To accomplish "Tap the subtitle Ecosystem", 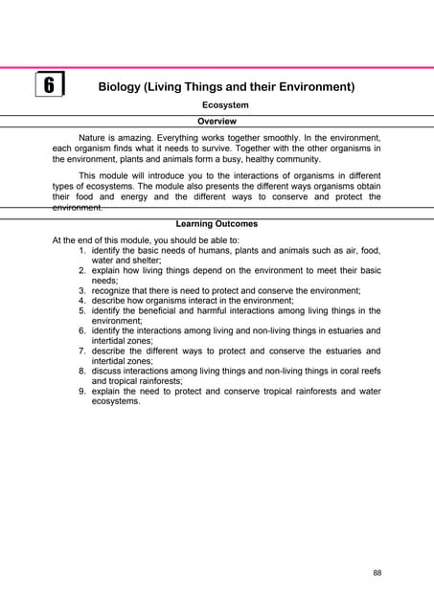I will [226, 104].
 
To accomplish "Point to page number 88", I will [377, 573].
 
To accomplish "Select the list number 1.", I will [82, 249].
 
